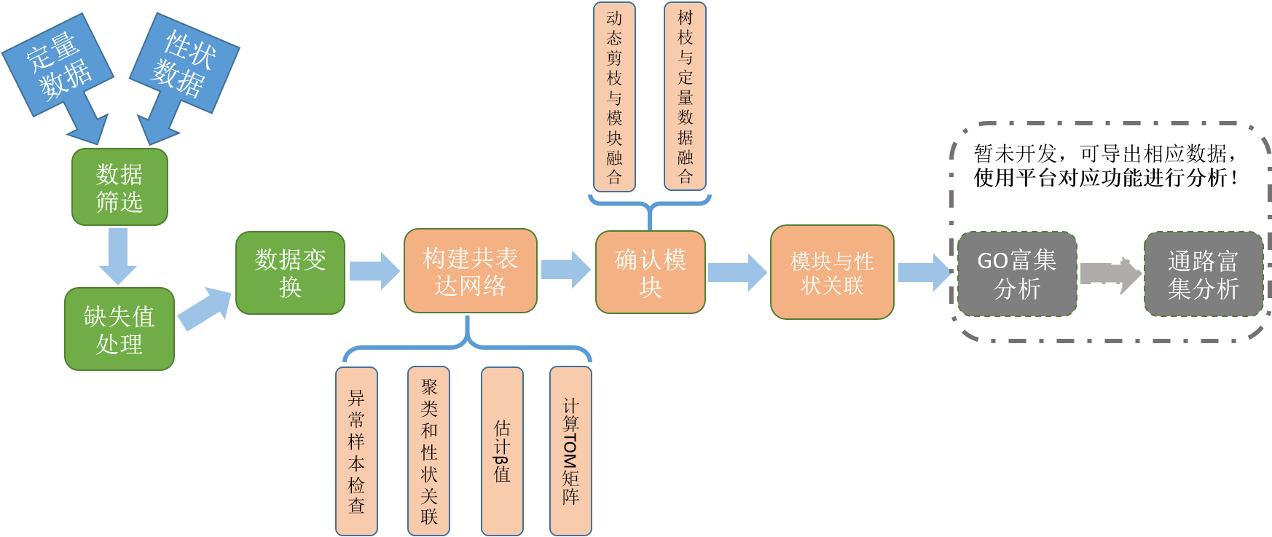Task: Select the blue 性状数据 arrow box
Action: [x=184, y=64]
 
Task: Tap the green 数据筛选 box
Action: [x=119, y=187]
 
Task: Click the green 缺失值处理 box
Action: [x=119, y=329]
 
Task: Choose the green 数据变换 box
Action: [x=290, y=273]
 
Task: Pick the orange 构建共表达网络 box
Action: [x=471, y=271]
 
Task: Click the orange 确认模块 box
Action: [x=651, y=273]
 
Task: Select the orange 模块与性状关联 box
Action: [x=832, y=273]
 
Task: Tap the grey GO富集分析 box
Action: [x=1017, y=274]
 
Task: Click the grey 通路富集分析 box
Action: [x=1203, y=274]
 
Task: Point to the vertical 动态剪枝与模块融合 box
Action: [x=614, y=97]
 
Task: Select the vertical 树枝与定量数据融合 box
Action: [x=685, y=97]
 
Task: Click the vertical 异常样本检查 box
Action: [x=356, y=451]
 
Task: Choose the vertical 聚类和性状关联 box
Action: [x=428, y=451]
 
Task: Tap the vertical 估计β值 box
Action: [x=502, y=451]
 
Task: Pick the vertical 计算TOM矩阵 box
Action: [x=570, y=451]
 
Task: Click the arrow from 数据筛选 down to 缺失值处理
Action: [x=117, y=256]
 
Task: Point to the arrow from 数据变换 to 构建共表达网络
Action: [x=374, y=271]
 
